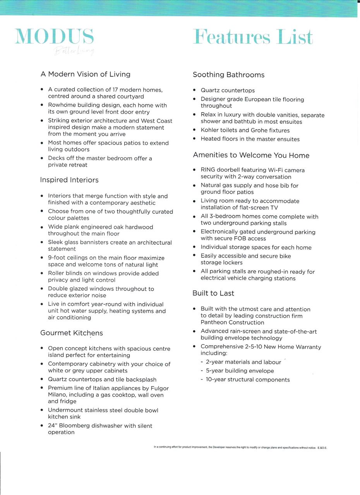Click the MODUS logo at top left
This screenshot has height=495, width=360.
point(54,37)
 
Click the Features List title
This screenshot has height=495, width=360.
point(253,37)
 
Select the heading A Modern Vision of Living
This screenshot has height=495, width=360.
point(86,74)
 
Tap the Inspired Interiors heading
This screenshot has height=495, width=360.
point(69,180)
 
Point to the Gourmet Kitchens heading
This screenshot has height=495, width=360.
point(72,333)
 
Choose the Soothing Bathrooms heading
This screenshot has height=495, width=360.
point(229,75)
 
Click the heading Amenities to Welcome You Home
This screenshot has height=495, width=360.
point(251,155)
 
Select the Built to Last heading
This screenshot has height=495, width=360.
point(213,294)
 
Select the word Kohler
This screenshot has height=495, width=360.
point(211,130)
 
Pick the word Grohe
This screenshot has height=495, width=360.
point(261,130)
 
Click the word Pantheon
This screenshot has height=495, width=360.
point(214,323)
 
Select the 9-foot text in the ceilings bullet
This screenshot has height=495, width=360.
point(57,258)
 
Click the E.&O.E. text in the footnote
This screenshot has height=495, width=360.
point(322,448)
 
